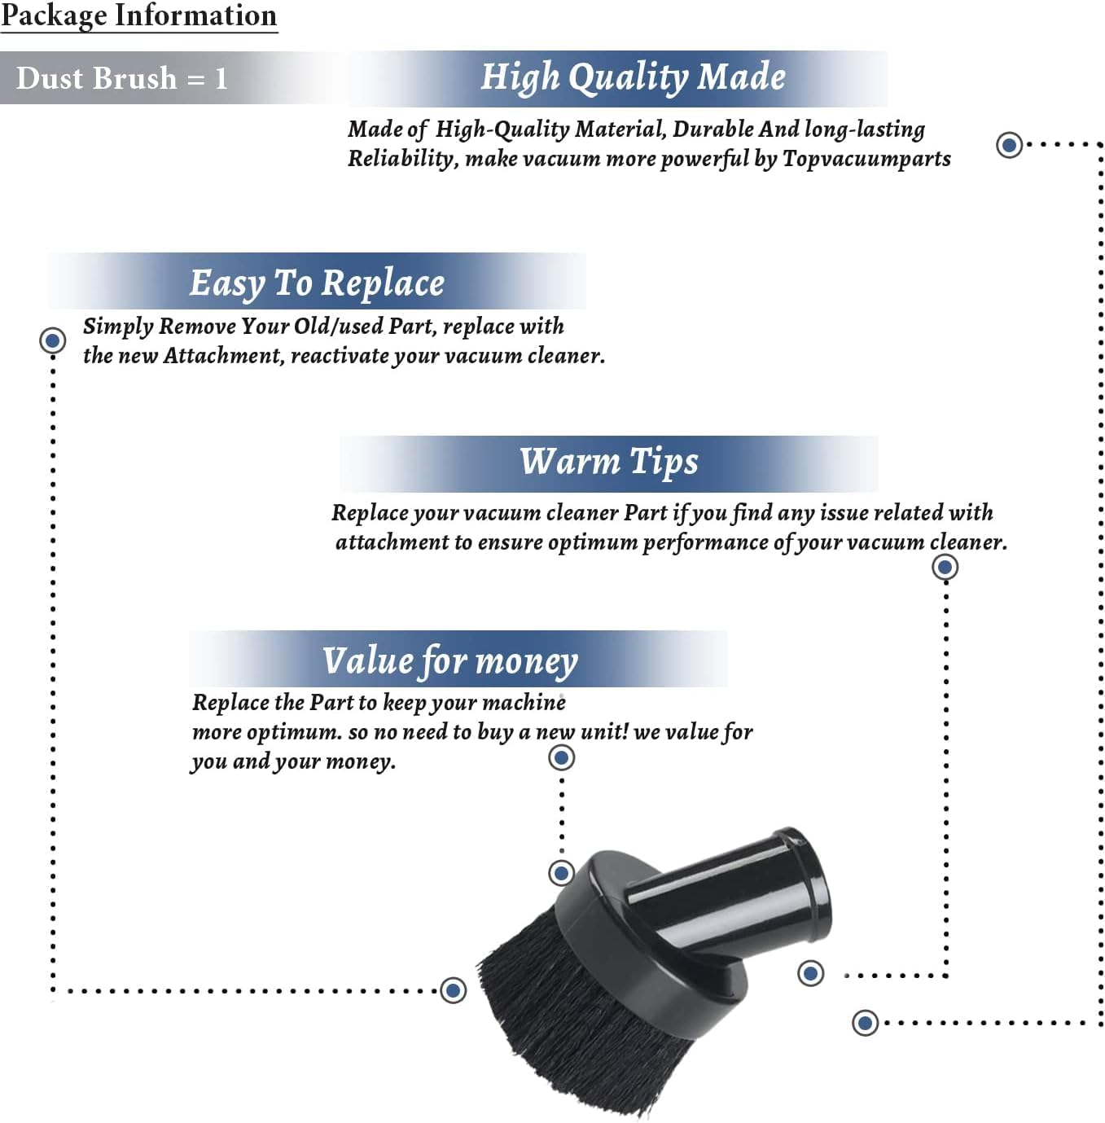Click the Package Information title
[138, 15]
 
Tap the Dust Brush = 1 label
[121, 78]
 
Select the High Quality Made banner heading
[633, 77]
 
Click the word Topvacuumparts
[866, 159]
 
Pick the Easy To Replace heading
[317, 284]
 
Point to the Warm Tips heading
[609, 462]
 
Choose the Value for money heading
[450, 661]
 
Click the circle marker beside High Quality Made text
[1010, 144]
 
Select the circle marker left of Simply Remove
[52, 340]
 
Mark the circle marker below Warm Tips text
[945, 567]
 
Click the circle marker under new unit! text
[561, 758]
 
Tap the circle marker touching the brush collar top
[561, 873]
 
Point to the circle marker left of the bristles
[454, 990]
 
